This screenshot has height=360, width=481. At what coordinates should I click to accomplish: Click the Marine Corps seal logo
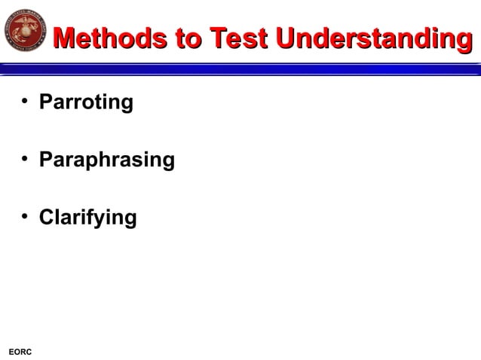coord(26,31)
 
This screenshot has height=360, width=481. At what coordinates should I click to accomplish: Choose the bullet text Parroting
coord(86,102)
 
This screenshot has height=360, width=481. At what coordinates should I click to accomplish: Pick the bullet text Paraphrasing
coord(106,160)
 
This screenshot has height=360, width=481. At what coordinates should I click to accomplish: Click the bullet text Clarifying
coord(87,218)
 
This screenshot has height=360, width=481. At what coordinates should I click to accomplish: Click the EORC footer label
coord(20,352)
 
